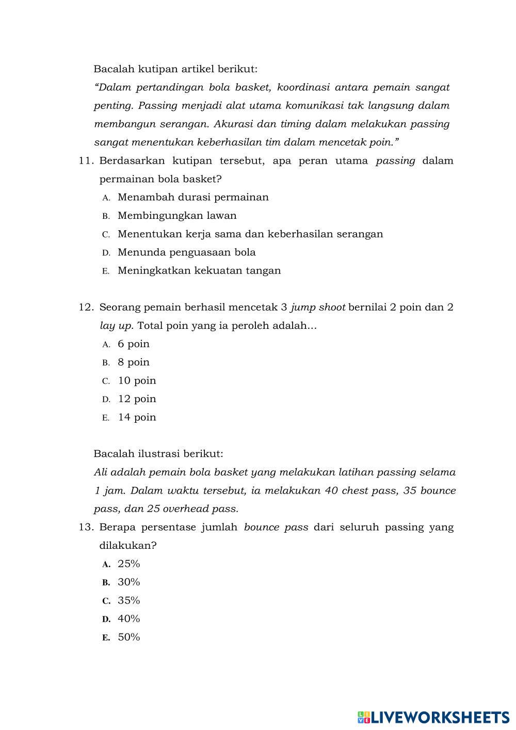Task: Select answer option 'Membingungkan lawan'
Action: (177, 216)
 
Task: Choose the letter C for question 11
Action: (106, 234)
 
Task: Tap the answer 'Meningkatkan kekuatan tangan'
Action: (199, 271)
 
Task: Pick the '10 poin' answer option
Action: (137, 381)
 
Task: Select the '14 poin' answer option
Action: (137, 418)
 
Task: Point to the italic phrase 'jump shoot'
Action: (318, 308)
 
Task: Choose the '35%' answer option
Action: (129, 600)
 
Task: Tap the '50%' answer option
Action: (129, 637)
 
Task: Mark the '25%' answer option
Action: (129, 564)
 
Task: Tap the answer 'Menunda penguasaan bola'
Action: (187, 252)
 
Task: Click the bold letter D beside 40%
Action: (106, 619)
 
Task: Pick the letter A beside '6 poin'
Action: (106, 344)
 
